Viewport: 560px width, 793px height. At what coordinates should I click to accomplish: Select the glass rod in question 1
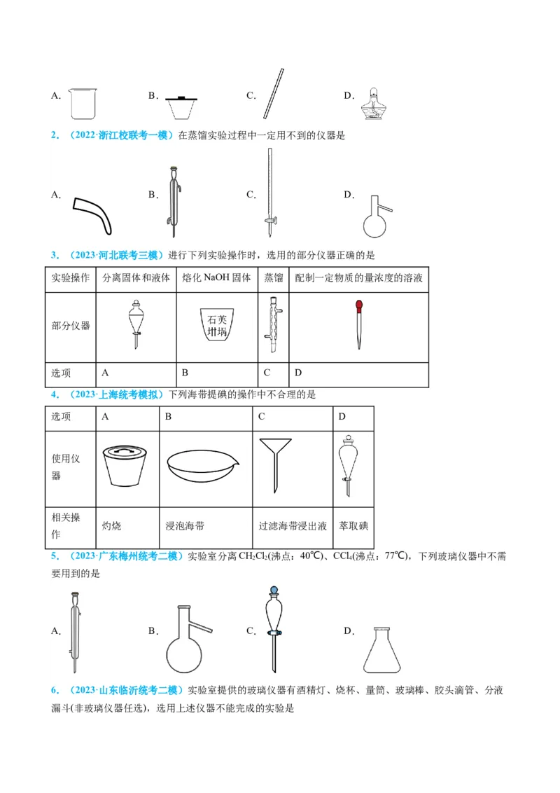pyautogui.click(x=274, y=94)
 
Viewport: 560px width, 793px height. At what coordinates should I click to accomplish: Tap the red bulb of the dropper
pyautogui.click(x=358, y=305)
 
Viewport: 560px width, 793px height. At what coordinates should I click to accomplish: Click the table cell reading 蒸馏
pyautogui.click(x=274, y=278)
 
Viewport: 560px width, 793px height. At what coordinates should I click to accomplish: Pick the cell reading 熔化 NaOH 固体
pyautogui.click(x=216, y=278)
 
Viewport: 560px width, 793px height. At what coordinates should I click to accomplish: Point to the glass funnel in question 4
pyautogui.click(x=293, y=462)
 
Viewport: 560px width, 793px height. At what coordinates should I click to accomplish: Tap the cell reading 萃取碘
pyautogui.click(x=353, y=525)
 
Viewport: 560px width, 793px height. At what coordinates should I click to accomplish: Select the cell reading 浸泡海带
pyautogui.click(x=185, y=525)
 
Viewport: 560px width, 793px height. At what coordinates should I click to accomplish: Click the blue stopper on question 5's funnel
pyautogui.click(x=272, y=591)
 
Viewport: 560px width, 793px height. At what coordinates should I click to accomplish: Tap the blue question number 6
pyautogui.click(x=54, y=690)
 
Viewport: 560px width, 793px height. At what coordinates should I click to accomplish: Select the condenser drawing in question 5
pyautogui.click(x=75, y=630)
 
